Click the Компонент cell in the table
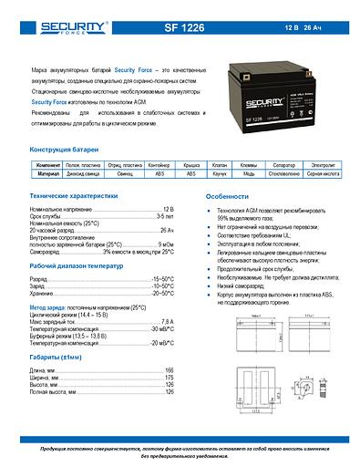[48, 164]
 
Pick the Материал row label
[48, 172]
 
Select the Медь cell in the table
[248, 172]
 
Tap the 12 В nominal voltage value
[167, 210]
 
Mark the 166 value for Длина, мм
[169, 371]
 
